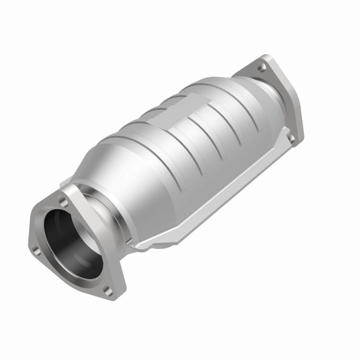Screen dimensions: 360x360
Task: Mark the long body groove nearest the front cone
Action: click(148, 148)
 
